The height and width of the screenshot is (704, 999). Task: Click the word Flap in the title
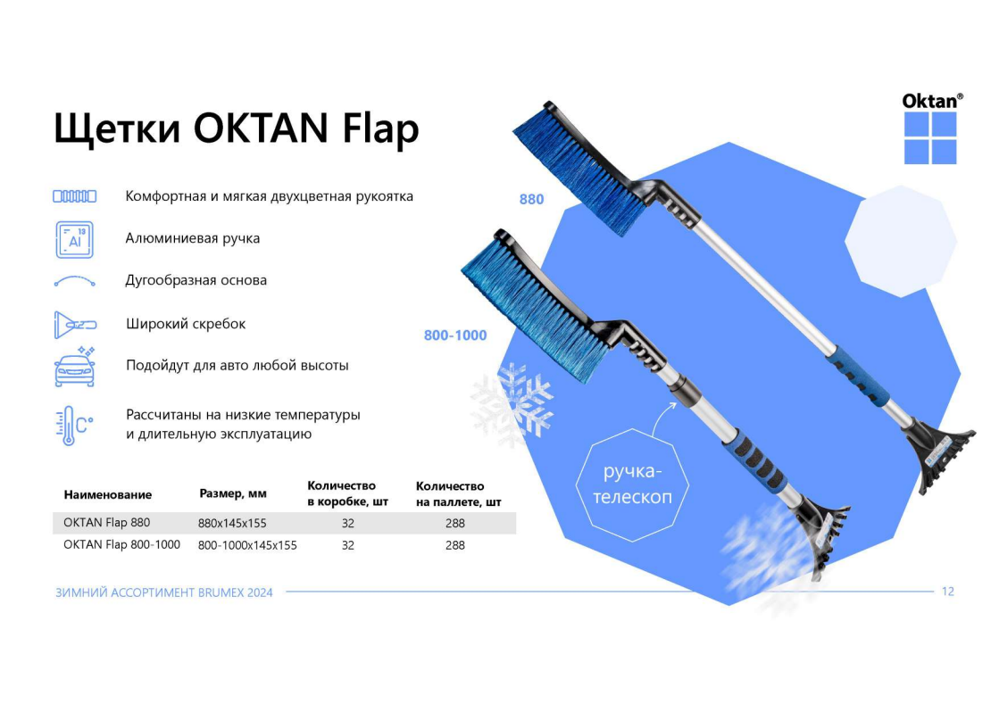380,129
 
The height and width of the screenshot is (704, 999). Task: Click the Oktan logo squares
930,137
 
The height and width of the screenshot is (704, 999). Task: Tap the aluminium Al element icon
74,239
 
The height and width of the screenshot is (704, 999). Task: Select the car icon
75,367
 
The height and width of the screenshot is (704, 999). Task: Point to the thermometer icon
74,426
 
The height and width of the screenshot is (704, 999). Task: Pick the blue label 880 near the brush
531,199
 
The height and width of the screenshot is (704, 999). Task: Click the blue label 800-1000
455,335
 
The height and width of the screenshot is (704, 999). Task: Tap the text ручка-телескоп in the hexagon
632,484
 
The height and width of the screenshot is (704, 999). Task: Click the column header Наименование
108,494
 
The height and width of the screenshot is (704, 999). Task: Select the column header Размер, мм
232,493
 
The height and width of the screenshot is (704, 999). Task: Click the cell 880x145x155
232,523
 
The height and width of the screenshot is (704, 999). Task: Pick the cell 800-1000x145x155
247,545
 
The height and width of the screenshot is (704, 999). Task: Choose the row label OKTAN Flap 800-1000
121,545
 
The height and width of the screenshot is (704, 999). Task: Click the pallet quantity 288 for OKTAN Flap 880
455,523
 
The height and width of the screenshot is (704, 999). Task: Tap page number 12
948,592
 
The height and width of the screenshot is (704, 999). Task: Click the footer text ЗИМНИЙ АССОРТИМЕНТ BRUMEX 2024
163,592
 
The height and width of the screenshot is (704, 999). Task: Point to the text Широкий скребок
186,324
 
